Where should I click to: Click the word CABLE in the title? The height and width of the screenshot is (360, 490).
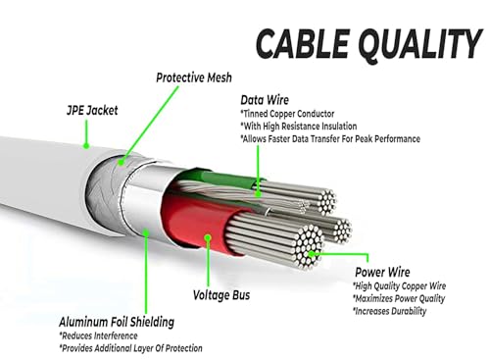pyautogui.click(x=302, y=43)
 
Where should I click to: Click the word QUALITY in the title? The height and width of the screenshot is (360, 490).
pyautogui.click(x=419, y=44)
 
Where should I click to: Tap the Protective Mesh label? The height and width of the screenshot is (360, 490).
pyautogui.click(x=194, y=77)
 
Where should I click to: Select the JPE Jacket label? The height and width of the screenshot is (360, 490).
pyautogui.click(x=92, y=110)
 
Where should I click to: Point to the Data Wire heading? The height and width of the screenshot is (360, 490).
pyautogui.click(x=265, y=100)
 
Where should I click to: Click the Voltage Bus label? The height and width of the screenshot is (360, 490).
pyautogui.click(x=221, y=295)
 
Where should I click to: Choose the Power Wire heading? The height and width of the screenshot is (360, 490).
pyautogui.click(x=382, y=272)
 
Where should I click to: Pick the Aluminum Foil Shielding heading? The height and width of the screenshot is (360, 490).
pyautogui.click(x=117, y=322)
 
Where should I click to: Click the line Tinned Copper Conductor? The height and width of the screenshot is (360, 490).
pyautogui.click(x=287, y=114)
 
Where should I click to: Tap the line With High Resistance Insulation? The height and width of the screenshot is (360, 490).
pyautogui.click(x=299, y=127)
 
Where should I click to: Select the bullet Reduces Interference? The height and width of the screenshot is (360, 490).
pyautogui.click(x=98, y=335)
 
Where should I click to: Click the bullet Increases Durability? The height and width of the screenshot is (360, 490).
pyautogui.click(x=389, y=311)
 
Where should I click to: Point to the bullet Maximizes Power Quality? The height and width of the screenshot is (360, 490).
pyautogui.click(x=399, y=298)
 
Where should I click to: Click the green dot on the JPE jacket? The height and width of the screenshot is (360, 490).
pyautogui.click(x=86, y=145)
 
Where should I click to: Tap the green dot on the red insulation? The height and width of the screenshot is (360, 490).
pyautogui.click(x=208, y=237)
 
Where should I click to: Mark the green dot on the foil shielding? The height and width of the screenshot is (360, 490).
pyautogui.click(x=146, y=232)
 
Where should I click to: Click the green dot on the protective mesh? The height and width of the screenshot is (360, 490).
pyautogui.click(x=122, y=162)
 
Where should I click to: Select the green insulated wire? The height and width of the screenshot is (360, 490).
pyautogui.click(x=228, y=179)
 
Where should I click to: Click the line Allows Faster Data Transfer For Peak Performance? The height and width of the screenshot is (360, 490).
pyautogui.click(x=330, y=139)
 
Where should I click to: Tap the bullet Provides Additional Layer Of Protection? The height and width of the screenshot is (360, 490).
pyautogui.click(x=130, y=348)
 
